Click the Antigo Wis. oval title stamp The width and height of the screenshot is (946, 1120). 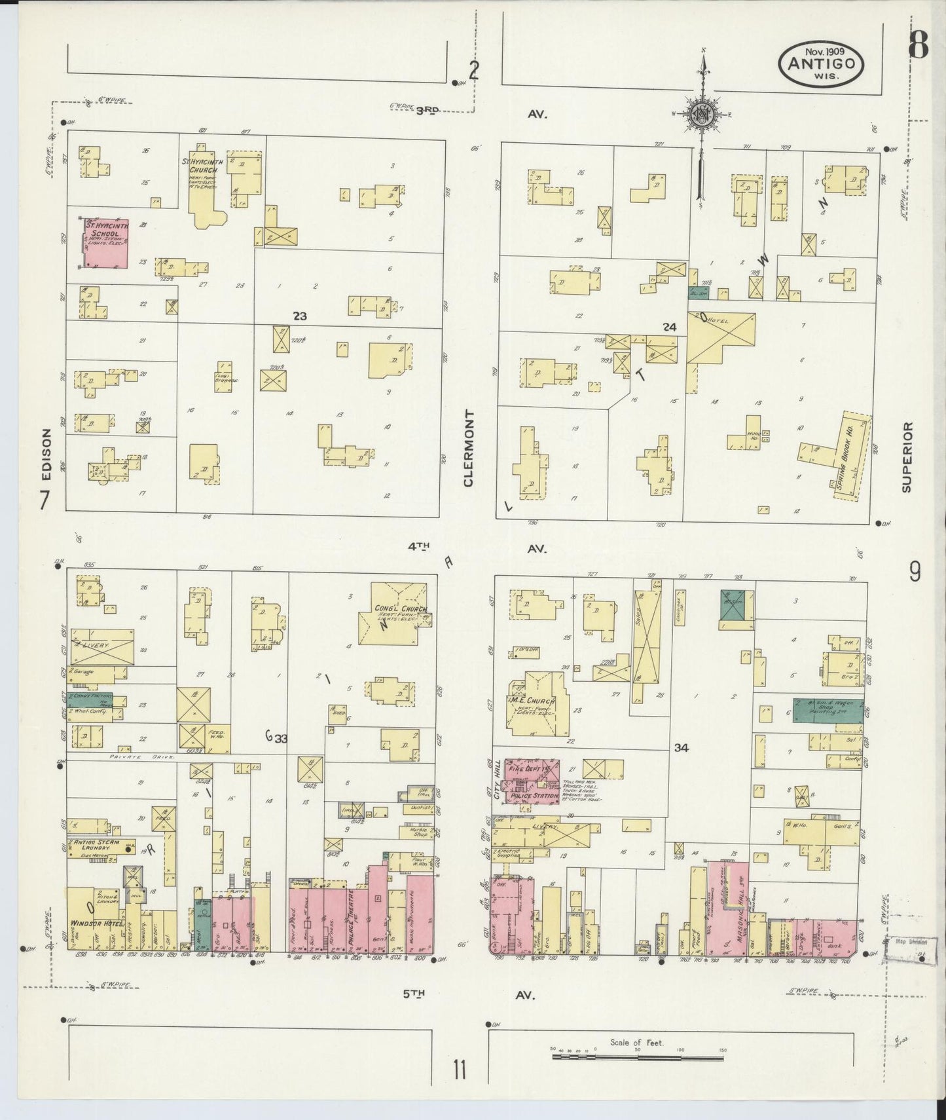(x=820, y=64)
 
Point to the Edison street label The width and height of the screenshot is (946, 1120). (x=46, y=452)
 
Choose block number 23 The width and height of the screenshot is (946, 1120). (x=300, y=316)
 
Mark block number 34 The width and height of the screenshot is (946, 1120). (x=682, y=747)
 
